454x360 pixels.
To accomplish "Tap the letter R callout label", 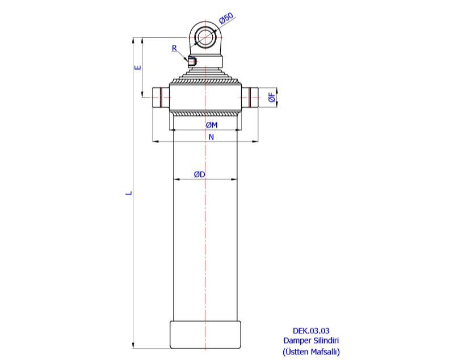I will [175, 48].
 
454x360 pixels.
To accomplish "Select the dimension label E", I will [137, 67].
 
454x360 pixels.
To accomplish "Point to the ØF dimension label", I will [272, 98].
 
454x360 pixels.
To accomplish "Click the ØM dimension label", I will [211, 125].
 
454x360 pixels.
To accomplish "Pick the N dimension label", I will [211, 137].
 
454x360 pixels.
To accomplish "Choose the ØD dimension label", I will [199, 174].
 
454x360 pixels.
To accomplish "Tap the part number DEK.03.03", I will [311, 331].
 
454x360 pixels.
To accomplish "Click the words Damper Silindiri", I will [311, 341].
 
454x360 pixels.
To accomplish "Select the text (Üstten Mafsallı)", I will [311, 351].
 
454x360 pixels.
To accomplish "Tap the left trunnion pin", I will [161, 98].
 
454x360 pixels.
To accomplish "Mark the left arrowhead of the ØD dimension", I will [176, 180].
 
